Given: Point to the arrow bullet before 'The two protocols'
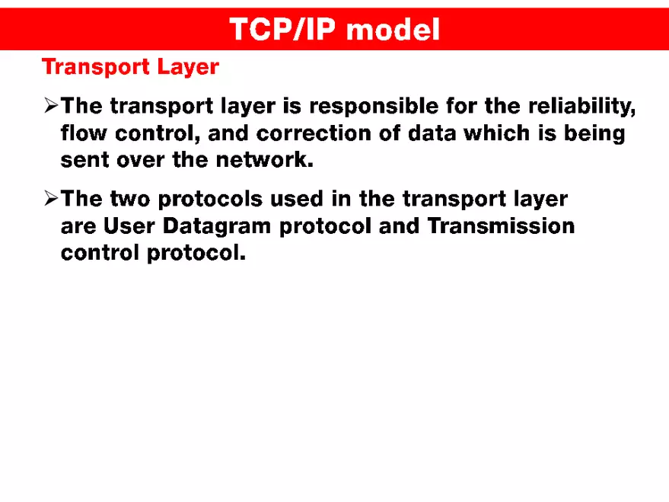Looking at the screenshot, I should [x=51, y=200].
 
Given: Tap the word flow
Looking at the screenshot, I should [x=84, y=133].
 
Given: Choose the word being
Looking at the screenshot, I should [x=594, y=135].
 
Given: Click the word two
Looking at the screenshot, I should [x=132, y=200].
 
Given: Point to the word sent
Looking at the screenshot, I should [x=83, y=161].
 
